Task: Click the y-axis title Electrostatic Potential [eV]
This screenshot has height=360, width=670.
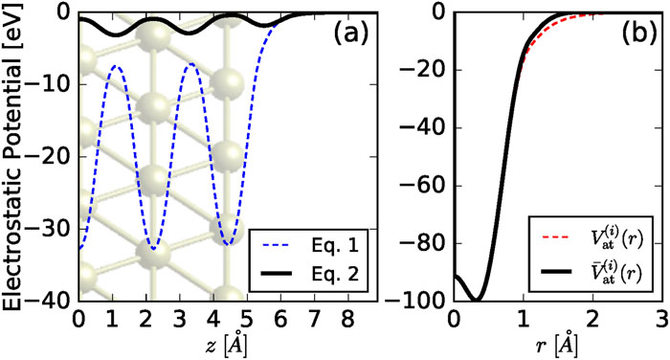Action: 13,158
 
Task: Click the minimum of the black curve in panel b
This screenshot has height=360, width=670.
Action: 472,300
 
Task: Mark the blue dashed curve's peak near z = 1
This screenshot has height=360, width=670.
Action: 116,66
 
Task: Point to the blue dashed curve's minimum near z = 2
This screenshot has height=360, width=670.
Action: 155,250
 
